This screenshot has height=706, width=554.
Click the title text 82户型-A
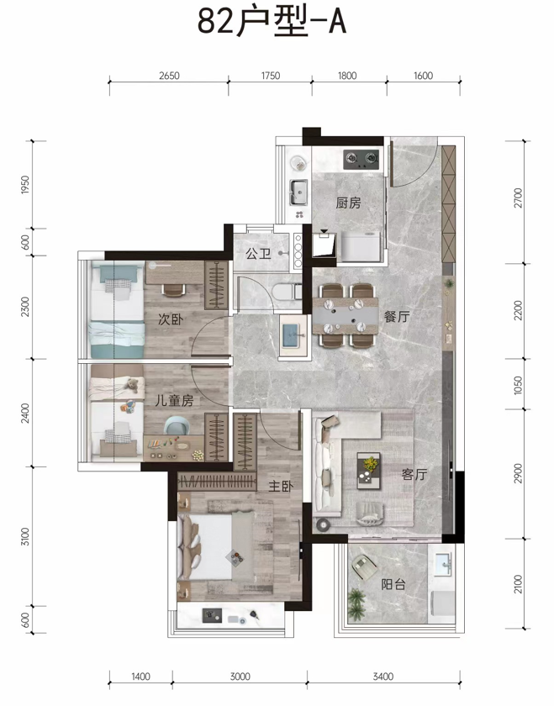click(272, 21)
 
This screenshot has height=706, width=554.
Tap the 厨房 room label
click(348, 203)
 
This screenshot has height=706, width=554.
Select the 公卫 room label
click(258, 254)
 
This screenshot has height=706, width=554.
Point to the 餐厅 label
click(397, 317)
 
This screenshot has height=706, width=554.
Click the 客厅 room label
click(414, 474)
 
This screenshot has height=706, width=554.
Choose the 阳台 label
click(393, 584)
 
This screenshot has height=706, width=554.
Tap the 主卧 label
click(281, 487)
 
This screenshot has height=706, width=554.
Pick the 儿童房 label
click(174, 400)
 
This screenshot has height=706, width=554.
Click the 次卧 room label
click(171, 319)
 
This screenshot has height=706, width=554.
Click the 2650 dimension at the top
click(169, 76)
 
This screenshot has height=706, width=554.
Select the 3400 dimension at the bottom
click(383, 677)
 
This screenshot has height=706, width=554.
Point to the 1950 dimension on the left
click(25, 185)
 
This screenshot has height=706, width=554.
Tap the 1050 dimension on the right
click(519, 386)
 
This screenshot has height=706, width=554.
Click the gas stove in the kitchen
click(361, 160)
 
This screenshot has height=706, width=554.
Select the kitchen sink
click(298, 192)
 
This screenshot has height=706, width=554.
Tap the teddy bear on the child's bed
click(131, 386)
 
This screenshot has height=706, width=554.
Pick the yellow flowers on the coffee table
click(371, 464)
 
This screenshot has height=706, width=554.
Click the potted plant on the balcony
click(356, 603)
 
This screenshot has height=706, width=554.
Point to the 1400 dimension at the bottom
click(140, 677)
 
